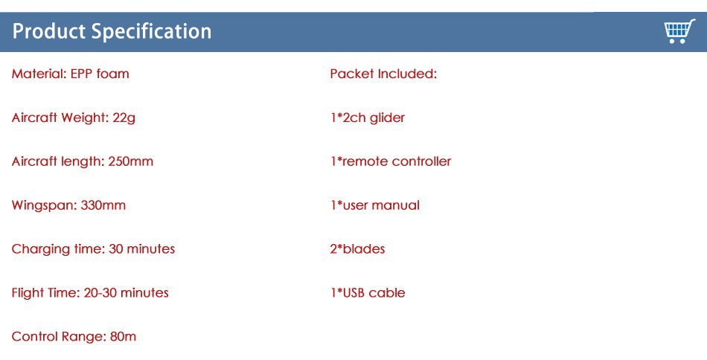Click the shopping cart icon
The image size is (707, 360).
pos(679,31)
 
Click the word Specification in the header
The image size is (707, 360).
pos(152,31)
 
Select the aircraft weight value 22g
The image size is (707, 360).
pos(124,118)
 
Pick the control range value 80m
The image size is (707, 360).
pos(123,337)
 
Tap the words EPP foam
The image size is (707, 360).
pos(100,74)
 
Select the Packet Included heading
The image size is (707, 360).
pos(383,74)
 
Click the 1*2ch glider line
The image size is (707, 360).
pos(368,118)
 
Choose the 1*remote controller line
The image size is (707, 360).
pos(391,161)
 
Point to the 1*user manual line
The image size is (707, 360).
pos(374,205)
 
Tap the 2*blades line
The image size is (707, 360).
pos(357,249)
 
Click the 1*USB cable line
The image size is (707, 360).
pos(368,293)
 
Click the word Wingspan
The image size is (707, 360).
pos(44,205)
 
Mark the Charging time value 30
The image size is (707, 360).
pos(116,249)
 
